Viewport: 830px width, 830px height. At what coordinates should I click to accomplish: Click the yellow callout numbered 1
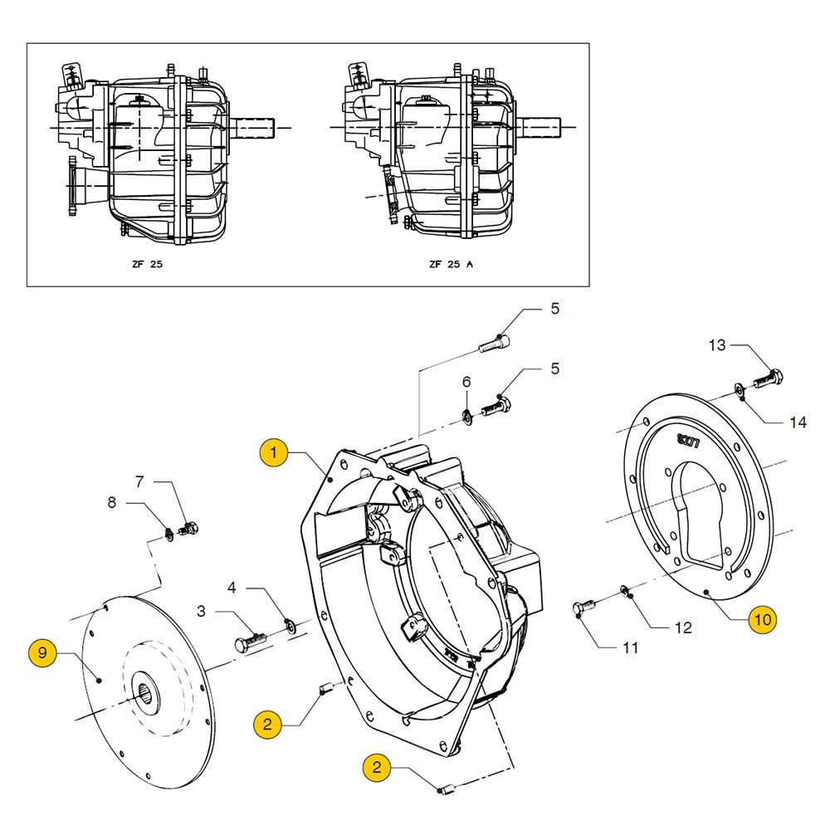(x=273, y=453)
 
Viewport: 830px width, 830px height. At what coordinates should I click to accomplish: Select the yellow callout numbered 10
(x=763, y=619)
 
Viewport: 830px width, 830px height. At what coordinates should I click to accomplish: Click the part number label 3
(x=202, y=612)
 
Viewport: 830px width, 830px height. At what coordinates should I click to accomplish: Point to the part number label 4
(x=232, y=588)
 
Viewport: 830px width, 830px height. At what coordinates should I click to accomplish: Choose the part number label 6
(x=466, y=382)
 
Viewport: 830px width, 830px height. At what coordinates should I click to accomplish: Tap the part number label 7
(x=139, y=481)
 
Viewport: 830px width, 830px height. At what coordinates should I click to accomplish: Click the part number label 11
(x=631, y=647)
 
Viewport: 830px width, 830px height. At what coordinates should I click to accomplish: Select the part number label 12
(x=683, y=628)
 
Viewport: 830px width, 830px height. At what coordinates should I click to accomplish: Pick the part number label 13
(x=716, y=344)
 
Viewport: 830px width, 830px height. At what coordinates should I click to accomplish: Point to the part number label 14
(x=798, y=422)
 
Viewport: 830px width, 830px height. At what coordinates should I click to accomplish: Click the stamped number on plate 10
(x=690, y=441)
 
